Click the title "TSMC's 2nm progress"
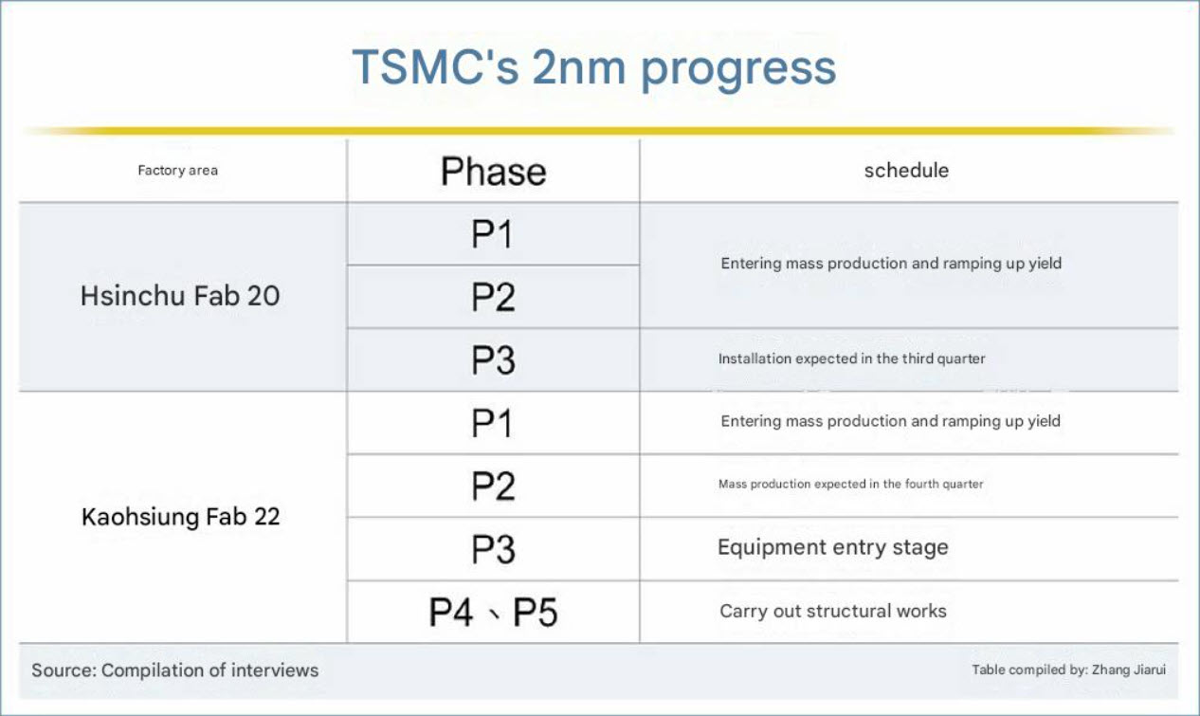[x=593, y=68]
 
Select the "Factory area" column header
[x=178, y=171]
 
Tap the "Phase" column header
[x=494, y=172]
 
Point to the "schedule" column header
[x=906, y=171]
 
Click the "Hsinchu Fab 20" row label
[x=180, y=296]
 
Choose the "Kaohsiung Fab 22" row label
[x=180, y=517]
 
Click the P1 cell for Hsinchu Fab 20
[x=492, y=234]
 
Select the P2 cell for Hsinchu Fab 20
[x=493, y=297]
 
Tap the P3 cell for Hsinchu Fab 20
[x=493, y=359]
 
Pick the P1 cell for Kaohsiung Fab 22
[x=492, y=423]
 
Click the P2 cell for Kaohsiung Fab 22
[x=493, y=487]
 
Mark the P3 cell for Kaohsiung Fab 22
[x=493, y=549]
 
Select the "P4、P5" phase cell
[x=493, y=612]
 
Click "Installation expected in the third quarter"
[x=852, y=358]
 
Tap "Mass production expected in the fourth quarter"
[x=851, y=484]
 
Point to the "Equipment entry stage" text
[x=833, y=548]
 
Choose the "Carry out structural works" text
[x=833, y=611]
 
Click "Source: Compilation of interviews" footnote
[x=175, y=670]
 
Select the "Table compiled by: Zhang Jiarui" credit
[x=1069, y=670]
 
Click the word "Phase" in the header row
[x=494, y=172]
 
